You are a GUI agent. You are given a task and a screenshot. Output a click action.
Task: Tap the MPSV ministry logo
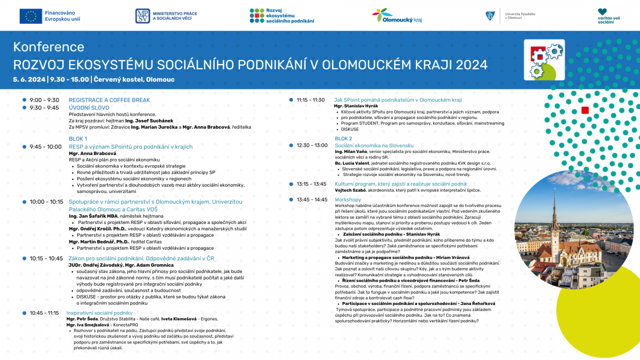142,16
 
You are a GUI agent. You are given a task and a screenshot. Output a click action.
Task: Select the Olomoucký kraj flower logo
382,14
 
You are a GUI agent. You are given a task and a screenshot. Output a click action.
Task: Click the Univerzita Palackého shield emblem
490,17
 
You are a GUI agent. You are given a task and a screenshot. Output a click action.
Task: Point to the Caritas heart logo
602,12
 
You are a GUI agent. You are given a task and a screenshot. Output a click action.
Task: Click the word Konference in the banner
49,47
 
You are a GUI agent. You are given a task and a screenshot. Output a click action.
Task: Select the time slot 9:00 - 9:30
44,100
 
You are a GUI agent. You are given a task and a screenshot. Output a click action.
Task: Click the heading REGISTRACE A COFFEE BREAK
109,100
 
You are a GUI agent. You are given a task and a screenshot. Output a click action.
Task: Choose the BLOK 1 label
78,139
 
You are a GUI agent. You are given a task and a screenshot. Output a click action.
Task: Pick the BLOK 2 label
343,139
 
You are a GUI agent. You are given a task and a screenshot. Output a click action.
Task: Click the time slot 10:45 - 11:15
44,313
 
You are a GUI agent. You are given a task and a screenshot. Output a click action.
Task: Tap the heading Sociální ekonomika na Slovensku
374,146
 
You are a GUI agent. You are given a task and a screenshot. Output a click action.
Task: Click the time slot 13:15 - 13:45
311,184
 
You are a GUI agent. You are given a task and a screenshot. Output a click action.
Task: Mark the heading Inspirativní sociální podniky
99,313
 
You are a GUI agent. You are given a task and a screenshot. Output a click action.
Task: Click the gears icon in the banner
543,59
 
